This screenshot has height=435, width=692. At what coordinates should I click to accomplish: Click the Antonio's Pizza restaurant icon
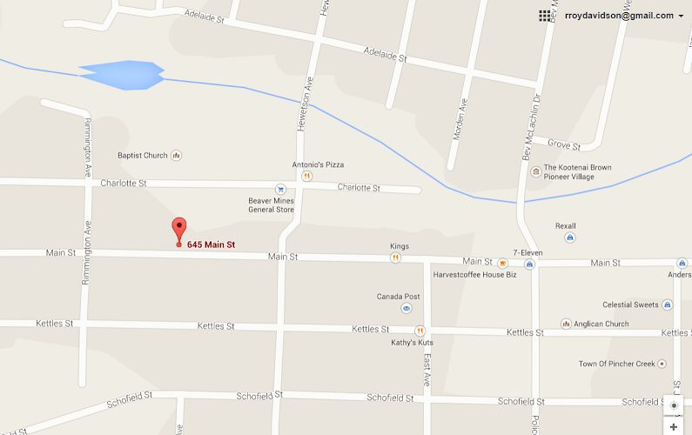(306, 176)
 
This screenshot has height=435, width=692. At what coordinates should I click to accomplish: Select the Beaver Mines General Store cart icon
(279, 189)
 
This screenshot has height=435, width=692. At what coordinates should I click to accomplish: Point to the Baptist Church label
(143, 156)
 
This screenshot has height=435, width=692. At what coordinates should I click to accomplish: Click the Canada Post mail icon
(406, 308)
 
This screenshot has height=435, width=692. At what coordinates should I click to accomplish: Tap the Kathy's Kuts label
(412, 342)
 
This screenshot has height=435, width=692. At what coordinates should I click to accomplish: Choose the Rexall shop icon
(569, 237)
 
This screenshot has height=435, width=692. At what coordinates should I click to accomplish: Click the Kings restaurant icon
(395, 258)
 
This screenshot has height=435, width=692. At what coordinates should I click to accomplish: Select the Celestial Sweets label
(631, 304)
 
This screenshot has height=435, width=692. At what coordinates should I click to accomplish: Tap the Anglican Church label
(601, 325)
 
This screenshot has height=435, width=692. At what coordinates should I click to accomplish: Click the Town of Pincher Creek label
(616, 364)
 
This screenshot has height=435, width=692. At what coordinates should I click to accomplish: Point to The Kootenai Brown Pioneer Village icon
(534, 171)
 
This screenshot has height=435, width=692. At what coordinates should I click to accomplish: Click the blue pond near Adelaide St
(123, 74)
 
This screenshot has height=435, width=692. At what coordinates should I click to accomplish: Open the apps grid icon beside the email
(544, 16)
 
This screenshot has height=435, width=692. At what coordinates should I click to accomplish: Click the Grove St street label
(564, 144)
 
